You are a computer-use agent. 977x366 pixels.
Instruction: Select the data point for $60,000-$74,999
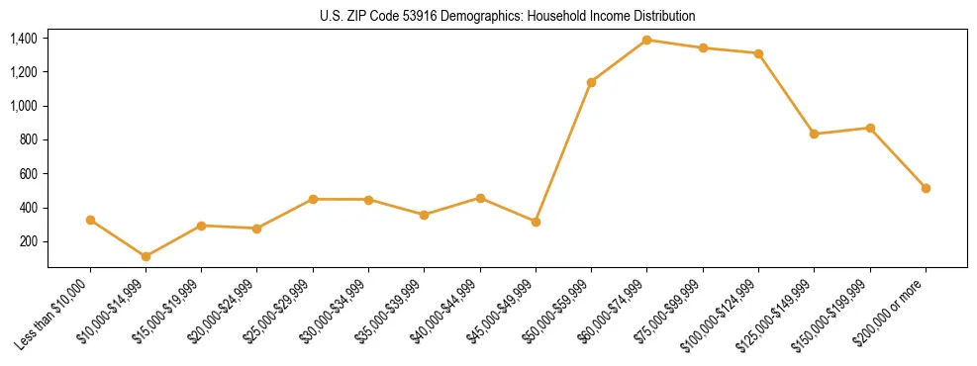pyautogui.click(x=646, y=40)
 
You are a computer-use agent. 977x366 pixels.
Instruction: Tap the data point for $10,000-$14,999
pyautogui.click(x=146, y=256)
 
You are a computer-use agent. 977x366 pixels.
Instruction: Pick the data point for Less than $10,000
pyautogui.click(x=90, y=220)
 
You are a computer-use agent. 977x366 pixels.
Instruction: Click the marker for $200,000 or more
pyautogui.click(x=926, y=188)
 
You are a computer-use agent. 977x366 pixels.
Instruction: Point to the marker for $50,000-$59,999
pyautogui.click(x=591, y=82)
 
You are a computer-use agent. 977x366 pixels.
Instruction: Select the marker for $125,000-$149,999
pyautogui.click(x=814, y=134)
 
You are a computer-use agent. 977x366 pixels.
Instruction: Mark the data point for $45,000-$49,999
pyautogui.click(x=536, y=222)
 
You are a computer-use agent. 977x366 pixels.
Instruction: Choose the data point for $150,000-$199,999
pyautogui.click(x=870, y=128)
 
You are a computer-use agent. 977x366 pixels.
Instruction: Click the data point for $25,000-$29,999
pyautogui.click(x=313, y=199)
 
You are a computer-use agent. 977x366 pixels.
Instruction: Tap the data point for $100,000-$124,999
pyautogui.click(x=758, y=53)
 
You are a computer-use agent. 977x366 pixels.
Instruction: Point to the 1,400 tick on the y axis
pyautogui.click(x=24, y=39)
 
